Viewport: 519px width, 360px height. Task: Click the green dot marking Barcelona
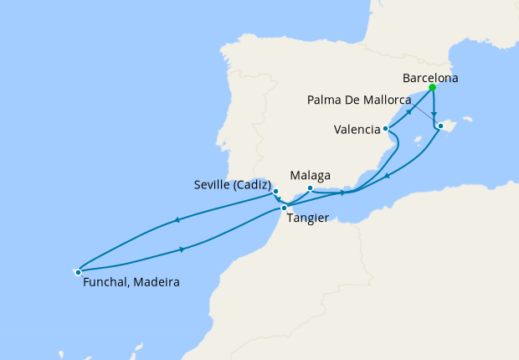tap(432, 87)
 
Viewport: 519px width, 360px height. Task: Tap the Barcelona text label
tap(431, 78)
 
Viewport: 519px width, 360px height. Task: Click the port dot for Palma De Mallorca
tap(439, 126)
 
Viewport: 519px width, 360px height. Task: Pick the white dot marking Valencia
tap(385, 129)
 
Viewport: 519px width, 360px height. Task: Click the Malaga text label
tap(310, 176)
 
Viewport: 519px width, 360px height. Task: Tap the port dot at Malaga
tap(310, 188)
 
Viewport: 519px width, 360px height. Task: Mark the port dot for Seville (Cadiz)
tap(275, 192)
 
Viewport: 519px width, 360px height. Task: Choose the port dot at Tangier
tap(285, 208)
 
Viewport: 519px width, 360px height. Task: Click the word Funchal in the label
tap(105, 283)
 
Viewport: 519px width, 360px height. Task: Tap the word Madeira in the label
tap(156, 283)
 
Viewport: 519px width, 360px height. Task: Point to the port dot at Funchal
tap(78, 271)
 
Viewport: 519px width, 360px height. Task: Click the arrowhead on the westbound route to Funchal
tap(177, 221)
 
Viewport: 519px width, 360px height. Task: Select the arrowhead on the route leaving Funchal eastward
tap(182, 248)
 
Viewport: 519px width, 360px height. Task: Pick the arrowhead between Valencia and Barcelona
tap(410, 111)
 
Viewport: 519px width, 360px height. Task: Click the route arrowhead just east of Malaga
tap(342, 193)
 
